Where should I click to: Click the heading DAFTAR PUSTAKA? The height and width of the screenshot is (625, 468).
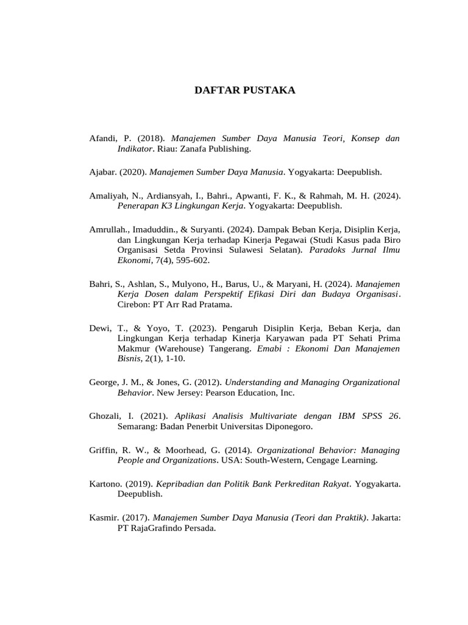tap(244, 90)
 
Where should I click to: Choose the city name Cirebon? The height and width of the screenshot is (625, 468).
tap(133, 304)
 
